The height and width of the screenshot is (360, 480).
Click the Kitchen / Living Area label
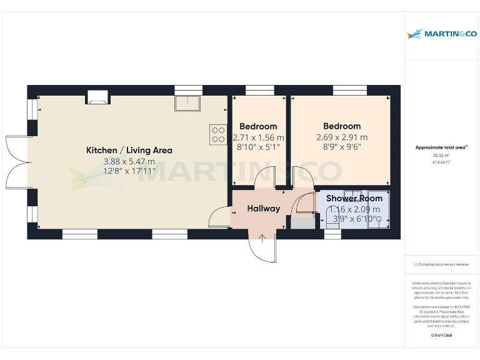coord(129,150)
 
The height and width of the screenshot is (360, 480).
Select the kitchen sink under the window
coord(188,102)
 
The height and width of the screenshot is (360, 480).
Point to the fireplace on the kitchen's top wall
coord(97,97)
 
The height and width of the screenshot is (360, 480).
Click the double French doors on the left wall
coord(17,162)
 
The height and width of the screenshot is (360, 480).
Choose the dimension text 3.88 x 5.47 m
coord(129,161)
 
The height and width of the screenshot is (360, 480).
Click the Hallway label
coord(263,208)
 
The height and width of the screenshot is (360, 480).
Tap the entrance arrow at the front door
coord(262,237)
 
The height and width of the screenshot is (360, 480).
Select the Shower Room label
coord(354,198)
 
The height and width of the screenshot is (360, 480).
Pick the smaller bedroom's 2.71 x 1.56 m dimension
coord(258,137)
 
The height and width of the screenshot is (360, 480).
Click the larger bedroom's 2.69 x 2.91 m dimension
coord(342,137)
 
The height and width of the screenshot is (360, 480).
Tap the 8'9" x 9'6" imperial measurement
coord(342,147)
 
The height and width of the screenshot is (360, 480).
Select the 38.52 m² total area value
coord(441,155)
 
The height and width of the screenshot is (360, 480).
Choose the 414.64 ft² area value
coord(441,161)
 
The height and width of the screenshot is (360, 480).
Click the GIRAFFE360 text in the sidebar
coord(441,336)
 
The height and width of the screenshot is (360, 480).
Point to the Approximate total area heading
coord(441,147)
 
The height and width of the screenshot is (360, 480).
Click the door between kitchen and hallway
coord(218,217)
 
